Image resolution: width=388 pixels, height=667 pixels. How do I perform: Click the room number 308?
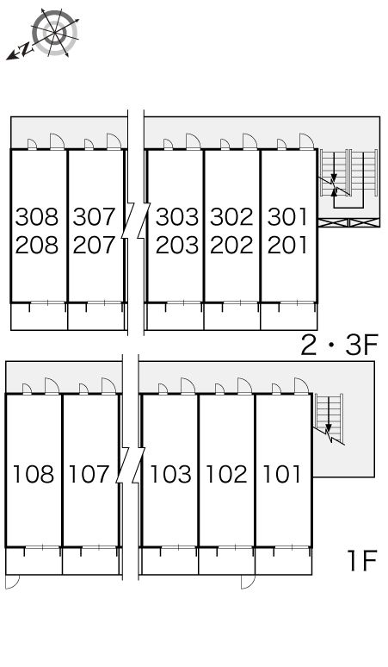click(36, 216)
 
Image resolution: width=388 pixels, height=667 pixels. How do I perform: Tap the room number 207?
click(94, 245)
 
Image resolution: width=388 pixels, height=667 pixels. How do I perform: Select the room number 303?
click(177, 216)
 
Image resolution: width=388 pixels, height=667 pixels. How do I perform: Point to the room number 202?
click(231, 245)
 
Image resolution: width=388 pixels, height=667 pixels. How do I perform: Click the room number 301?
click(287, 216)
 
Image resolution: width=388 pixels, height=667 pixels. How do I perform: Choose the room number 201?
click(287, 245)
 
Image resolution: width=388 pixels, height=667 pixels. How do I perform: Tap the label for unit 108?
click(34, 474)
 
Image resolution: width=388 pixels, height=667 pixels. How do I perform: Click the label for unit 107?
click(89, 474)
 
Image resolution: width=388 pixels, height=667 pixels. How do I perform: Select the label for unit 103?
click(170, 474)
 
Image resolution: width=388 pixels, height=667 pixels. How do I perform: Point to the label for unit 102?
click(226, 474)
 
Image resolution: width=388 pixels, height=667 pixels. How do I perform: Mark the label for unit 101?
click(282, 474)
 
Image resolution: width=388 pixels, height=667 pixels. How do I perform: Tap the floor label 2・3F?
click(339, 345)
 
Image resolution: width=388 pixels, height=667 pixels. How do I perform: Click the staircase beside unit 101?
click(329, 419)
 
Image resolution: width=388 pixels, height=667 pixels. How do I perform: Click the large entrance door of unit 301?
click(306, 141)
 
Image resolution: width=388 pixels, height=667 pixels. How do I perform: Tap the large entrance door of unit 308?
click(57, 141)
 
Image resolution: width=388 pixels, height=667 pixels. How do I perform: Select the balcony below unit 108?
click(34, 561)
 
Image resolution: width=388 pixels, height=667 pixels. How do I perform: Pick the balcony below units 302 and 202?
click(232, 316)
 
